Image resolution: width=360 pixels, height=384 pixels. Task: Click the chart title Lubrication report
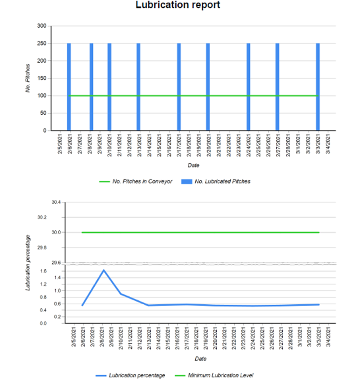coord(177,5)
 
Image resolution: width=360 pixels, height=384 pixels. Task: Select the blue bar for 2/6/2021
coord(69,86)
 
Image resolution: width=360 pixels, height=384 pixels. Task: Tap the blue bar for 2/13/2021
coord(138,86)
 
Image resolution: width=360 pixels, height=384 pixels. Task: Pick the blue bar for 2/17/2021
coord(179,86)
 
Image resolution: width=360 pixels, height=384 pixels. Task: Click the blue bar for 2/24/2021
coord(248,86)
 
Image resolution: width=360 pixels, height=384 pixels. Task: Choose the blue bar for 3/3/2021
coord(318,86)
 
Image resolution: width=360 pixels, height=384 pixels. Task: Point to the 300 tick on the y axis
coord(42,26)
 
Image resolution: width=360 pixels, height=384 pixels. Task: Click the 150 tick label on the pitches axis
coord(42,79)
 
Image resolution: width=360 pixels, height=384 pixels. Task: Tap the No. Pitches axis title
coord(28,78)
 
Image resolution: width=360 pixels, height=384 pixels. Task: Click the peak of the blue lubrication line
coord(104,270)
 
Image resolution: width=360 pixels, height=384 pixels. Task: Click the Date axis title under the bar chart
coord(193,165)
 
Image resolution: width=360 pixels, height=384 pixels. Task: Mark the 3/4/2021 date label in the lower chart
coord(329,341)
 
